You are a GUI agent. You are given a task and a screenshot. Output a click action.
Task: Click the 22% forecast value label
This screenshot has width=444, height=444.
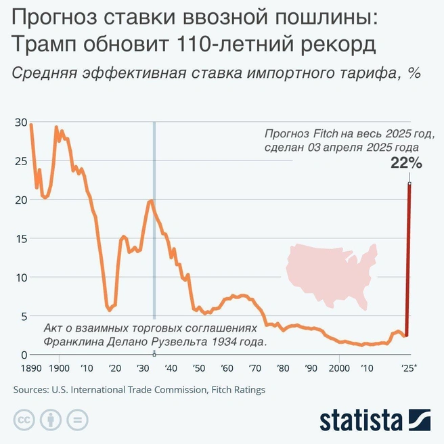pos(406,162)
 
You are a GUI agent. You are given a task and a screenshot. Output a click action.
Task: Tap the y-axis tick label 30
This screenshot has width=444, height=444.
pos(20,123)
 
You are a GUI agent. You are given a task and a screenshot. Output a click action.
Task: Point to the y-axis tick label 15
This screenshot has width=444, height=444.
pos(20,239)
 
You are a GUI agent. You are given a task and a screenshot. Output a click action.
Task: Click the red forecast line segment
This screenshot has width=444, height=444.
pos(408,257)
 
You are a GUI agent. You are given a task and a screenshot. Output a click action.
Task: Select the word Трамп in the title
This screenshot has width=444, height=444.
pos(43,45)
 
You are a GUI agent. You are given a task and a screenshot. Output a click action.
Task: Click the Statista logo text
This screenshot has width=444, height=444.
pos(361,419)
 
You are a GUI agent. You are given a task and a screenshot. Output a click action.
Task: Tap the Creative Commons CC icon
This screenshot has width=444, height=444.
pos(24,420)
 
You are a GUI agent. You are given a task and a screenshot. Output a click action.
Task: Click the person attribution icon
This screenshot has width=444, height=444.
pos(50,420)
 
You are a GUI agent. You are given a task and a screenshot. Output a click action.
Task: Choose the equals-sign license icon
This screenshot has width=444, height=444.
pos(76,420)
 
